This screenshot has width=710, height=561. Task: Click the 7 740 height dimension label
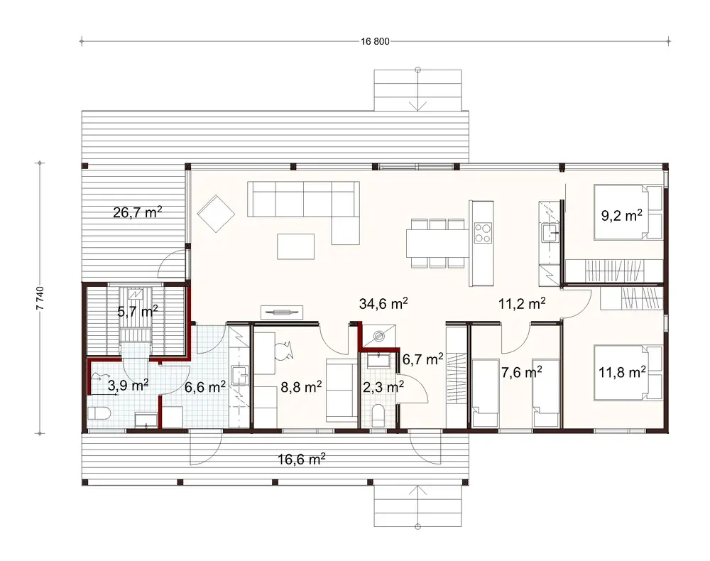(40, 298)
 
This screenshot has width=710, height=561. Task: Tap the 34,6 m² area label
(384, 304)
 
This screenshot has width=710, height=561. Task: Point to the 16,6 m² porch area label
(302, 459)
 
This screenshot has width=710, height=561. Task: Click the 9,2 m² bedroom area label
(622, 216)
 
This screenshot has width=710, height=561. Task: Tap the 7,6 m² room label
(522, 371)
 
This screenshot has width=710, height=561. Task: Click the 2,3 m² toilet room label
(384, 386)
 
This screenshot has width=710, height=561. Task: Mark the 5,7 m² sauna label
(137, 310)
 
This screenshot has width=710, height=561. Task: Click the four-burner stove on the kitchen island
(482, 232)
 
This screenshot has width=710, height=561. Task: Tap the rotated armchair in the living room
(217, 214)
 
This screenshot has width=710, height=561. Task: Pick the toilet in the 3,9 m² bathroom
(97, 414)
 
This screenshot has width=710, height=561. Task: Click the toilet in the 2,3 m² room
(378, 415)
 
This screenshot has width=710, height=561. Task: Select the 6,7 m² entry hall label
(422, 359)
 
